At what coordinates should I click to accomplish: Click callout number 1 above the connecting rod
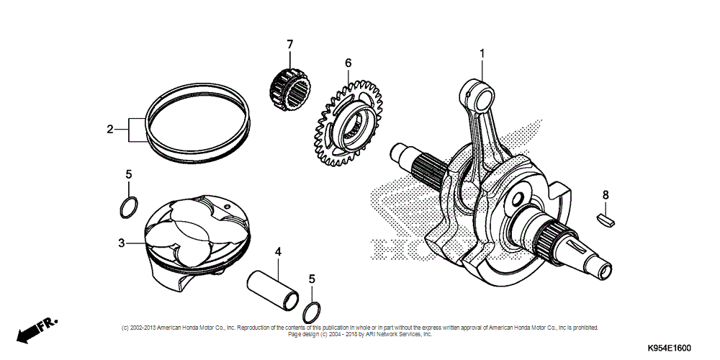482,53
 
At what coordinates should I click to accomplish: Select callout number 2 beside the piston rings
110,130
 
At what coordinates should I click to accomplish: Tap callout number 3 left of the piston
122,243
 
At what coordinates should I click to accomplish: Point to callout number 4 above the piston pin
276,251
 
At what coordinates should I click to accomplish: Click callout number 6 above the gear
348,63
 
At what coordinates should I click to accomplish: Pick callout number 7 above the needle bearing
289,45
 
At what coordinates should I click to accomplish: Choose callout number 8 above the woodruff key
606,194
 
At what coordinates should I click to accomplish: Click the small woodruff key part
606,219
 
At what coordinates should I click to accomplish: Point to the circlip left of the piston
128,207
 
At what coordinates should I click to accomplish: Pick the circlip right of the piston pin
312,312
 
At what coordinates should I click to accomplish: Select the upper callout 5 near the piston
128,174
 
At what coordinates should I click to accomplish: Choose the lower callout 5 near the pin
312,279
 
